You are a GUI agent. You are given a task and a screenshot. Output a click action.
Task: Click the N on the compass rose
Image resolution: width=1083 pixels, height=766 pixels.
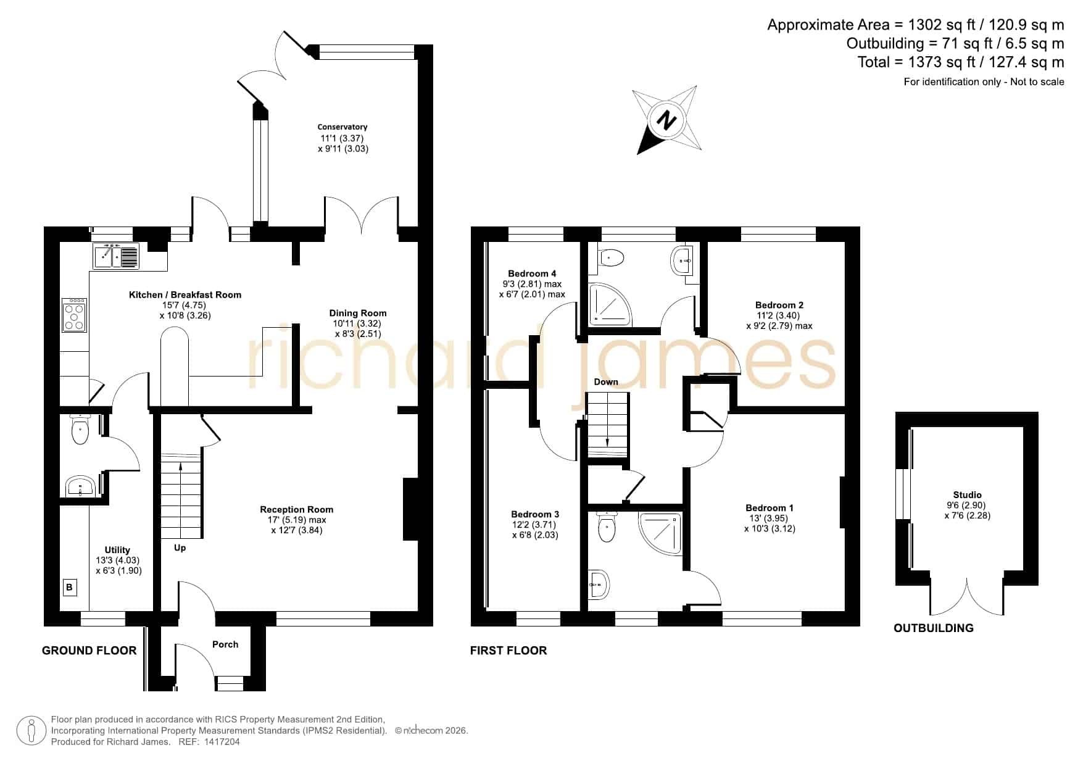tap(666, 120)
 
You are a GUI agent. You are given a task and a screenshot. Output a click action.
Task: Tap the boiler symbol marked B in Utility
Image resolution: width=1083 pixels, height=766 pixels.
tap(69, 587)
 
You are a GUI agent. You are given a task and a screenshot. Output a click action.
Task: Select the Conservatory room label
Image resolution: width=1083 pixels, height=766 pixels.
tap(342, 127)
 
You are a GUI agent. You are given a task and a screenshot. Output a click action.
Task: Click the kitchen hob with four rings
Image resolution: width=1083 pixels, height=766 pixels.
tap(74, 315)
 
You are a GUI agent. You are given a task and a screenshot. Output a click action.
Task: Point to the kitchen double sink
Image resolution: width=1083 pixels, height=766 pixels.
tap(116, 256)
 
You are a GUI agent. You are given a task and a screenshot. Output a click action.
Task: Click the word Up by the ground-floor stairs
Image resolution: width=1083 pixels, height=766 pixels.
tap(180, 547)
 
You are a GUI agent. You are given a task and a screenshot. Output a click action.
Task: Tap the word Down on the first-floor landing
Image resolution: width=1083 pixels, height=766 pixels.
tap(606, 382)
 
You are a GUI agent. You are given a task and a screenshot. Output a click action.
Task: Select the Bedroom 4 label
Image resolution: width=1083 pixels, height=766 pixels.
tap(532, 273)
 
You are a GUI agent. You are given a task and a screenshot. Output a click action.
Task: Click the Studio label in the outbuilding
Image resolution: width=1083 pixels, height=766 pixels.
tap(967, 494)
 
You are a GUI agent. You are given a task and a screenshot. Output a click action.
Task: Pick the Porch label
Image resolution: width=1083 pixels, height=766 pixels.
tap(225, 644)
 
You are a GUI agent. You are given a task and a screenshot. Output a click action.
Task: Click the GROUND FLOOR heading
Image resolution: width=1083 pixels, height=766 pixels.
tap(89, 650)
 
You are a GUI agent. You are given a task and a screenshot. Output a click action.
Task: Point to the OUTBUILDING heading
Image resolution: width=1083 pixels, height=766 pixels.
tap(934, 628)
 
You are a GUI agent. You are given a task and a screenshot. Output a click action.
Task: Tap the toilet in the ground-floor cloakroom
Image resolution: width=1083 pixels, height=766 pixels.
tap(80, 430)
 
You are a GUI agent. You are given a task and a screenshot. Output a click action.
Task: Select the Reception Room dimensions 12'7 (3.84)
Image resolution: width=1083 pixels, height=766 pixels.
tap(296, 530)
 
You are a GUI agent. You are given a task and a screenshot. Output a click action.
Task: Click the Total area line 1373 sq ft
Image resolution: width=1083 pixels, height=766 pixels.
tap(961, 62)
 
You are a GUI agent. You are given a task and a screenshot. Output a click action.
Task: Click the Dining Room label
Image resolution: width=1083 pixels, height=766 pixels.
tap(358, 313)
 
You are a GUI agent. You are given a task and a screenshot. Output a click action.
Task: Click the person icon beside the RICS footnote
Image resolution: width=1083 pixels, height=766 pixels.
tap(31, 731)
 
